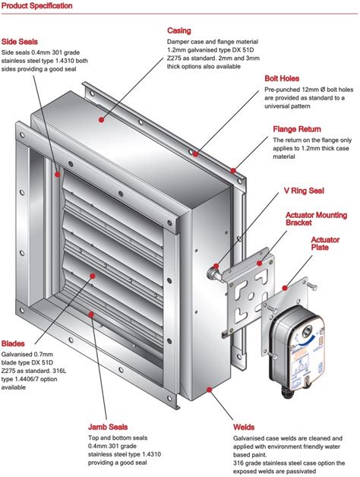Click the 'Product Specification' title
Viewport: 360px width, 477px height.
[37, 6]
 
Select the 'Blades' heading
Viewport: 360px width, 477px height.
[14, 343]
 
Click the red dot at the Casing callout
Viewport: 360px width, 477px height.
[99, 120]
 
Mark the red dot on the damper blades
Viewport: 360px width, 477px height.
[91, 276]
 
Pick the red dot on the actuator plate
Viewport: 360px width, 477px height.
[283, 288]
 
